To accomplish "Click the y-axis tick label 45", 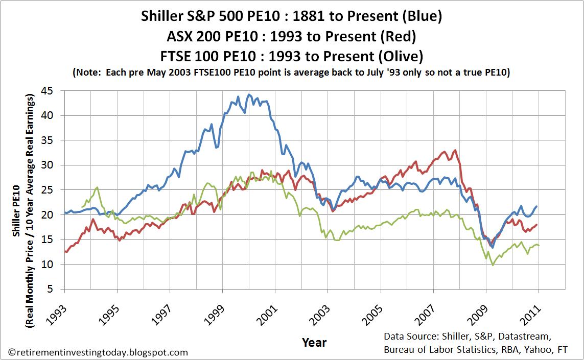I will [x=52, y=90].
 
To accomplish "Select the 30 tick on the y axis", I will [x=52, y=165].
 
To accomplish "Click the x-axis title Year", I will [x=314, y=342].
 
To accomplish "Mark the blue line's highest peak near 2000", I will [x=249, y=94].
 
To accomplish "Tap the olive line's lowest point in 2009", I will [x=493, y=265].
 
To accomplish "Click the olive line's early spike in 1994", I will [x=97, y=187].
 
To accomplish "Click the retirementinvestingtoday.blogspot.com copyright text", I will [x=99, y=352].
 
